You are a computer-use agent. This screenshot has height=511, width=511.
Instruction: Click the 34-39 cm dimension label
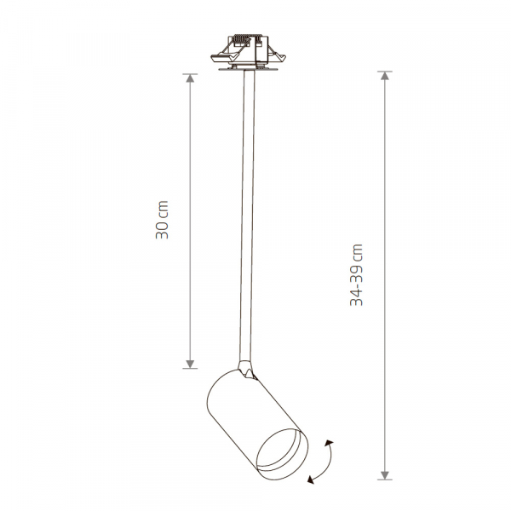pyautogui.click(x=359, y=275)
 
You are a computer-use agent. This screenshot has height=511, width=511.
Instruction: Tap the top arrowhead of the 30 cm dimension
pyautogui.click(x=190, y=78)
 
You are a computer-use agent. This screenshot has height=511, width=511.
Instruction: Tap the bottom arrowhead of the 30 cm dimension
pyautogui.click(x=190, y=364)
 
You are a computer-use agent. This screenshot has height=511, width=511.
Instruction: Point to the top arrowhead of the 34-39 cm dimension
pyautogui.click(x=386, y=77)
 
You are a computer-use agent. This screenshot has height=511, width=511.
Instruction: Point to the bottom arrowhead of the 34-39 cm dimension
pyautogui.click(x=386, y=474)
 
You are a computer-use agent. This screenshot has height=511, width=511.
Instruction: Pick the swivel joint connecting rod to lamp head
pyautogui.click(x=247, y=370)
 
